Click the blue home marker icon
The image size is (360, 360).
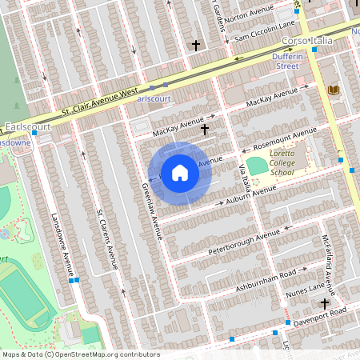tap(180, 172)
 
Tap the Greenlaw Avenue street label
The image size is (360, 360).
tap(151, 211)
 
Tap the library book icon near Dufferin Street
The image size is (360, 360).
tap(334, 90)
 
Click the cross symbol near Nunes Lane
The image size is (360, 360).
tap(325, 303)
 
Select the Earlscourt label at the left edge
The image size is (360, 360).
tap(27, 126)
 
